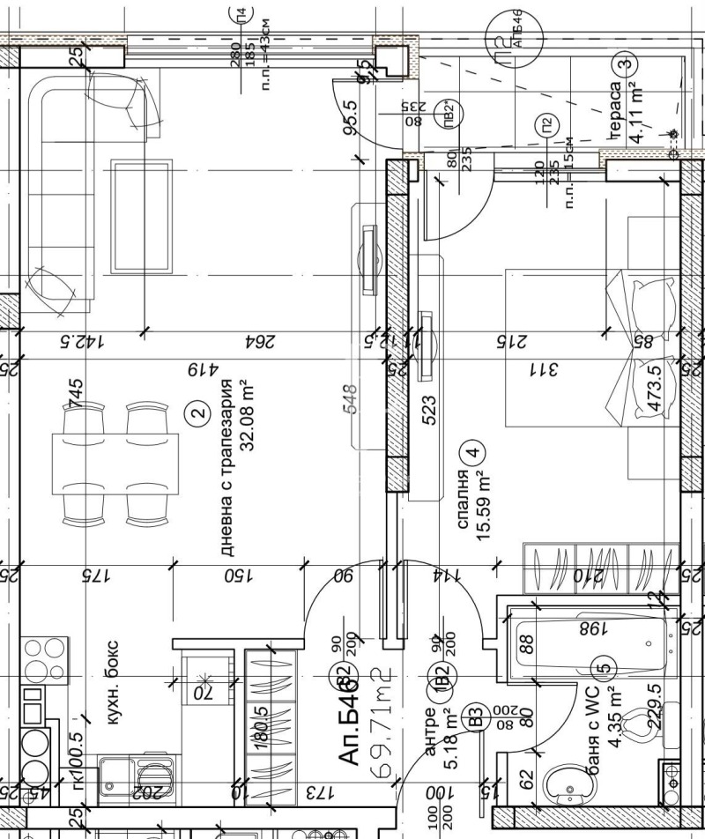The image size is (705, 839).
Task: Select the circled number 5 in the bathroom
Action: point(605,668)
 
